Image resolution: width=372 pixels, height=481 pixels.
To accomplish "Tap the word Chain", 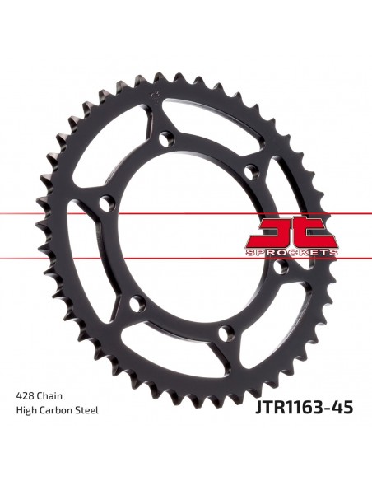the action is coord(49,396).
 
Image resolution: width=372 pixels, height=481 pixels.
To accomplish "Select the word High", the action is coord(26,410).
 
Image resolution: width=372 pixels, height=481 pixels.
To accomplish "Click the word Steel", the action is coord(87,410).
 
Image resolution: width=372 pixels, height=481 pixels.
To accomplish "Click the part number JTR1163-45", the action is coord(304,408).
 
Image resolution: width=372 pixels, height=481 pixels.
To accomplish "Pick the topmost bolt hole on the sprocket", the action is coord(167,138).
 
